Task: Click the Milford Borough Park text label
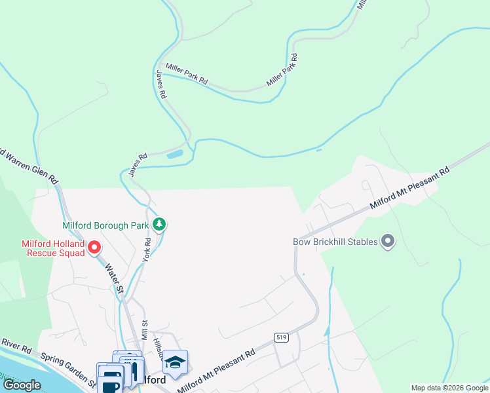tap(105, 225)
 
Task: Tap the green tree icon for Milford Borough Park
tap(159, 225)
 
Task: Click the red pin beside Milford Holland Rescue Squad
tap(94, 248)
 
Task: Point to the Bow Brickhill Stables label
tap(335, 242)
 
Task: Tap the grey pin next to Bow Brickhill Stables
tap(388, 242)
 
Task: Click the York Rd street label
tap(147, 250)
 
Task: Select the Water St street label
tap(115, 278)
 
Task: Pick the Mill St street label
tap(145, 326)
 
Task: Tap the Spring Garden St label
tap(68, 367)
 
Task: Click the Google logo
tap(22, 385)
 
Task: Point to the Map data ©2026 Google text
tap(449, 388)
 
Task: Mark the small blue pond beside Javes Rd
tap(175, 155)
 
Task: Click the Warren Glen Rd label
tap(29, 167)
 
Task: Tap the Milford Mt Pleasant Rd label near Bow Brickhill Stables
tap(409, 188)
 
